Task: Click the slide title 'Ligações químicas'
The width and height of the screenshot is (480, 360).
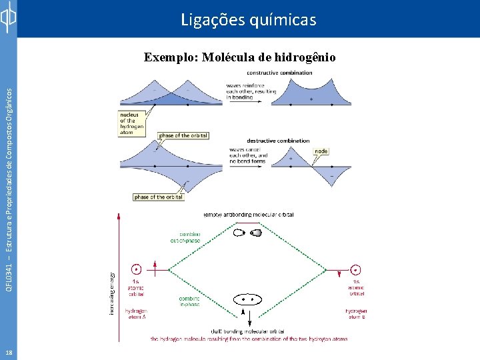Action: point(249,20)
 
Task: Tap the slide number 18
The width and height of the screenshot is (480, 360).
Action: point(8,352)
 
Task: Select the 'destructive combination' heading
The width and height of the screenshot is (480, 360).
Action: point(278,141)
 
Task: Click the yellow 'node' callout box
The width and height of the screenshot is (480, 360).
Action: point(321,151)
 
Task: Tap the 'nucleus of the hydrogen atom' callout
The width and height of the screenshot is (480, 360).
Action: point(127,123)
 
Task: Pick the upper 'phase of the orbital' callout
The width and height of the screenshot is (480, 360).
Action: point(183,135)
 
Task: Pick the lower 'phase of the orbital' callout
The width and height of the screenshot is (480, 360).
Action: point(159,197)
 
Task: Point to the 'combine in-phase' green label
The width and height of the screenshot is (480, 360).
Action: point(189,301)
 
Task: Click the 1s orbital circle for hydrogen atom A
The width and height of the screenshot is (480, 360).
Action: point(136,269)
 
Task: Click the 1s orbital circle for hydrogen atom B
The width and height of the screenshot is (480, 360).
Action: point(356,269)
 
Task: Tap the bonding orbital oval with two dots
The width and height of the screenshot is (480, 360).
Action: point(248,300)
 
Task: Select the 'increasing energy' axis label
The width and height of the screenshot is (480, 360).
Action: point(112,293)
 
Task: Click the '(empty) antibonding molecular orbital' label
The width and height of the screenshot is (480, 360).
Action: point(249,215)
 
